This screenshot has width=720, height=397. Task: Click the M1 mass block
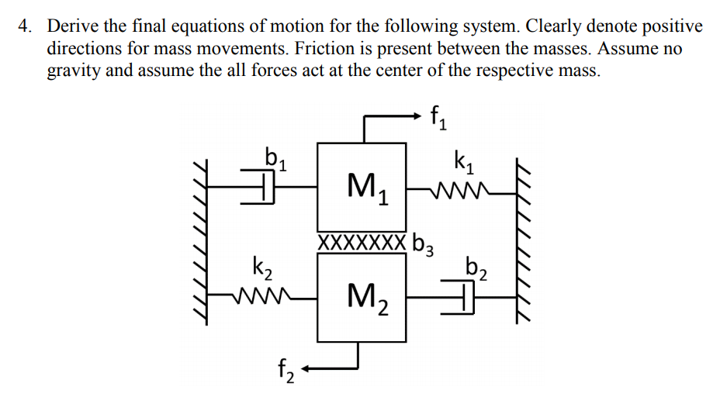362,186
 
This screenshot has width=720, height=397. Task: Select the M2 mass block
362,298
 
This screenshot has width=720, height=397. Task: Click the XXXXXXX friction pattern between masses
362,242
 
